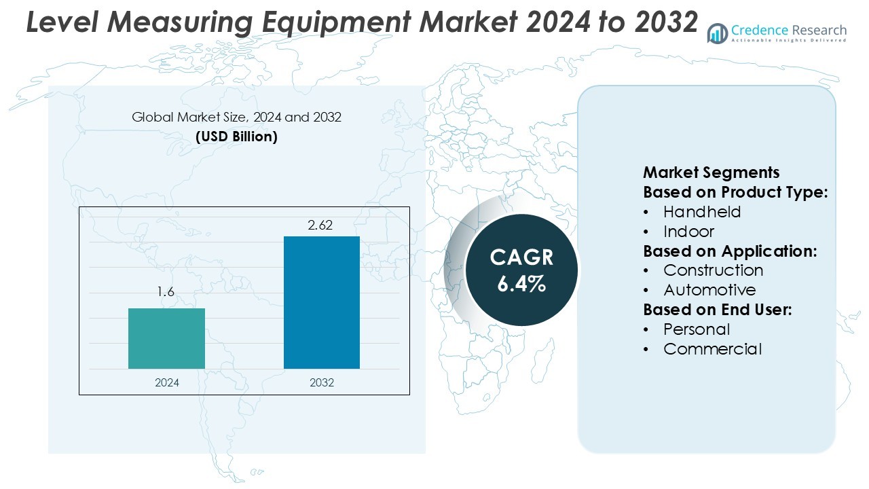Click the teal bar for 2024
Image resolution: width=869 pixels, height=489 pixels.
[166, 338]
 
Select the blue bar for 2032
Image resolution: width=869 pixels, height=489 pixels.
[322, 303]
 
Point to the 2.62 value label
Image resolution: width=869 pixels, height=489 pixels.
[320, 225]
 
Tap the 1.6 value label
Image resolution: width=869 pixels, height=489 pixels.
[166, 292]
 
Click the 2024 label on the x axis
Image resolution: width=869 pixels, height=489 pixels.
[167, 382]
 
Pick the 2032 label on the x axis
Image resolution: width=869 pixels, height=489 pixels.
[322, 382]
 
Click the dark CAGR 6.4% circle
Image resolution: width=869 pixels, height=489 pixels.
[521, 270]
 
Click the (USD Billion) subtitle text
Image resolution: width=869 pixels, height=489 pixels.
[236, 137]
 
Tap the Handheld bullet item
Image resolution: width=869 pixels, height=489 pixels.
[702, 211]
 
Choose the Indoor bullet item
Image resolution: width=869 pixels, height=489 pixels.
[688, 231]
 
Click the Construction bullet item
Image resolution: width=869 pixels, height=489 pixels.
[713, 270]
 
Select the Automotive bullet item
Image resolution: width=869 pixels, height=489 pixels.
[709, 290]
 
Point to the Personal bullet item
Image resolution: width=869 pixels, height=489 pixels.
[697, 329]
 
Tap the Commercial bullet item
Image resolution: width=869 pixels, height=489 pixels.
[712, 349]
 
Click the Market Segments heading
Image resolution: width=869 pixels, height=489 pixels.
[711, 172]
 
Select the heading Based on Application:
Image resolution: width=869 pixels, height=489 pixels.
[730, 251]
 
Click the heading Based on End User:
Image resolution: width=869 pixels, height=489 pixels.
[718, 310]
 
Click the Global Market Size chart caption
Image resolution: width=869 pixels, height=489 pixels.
[236, 117]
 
